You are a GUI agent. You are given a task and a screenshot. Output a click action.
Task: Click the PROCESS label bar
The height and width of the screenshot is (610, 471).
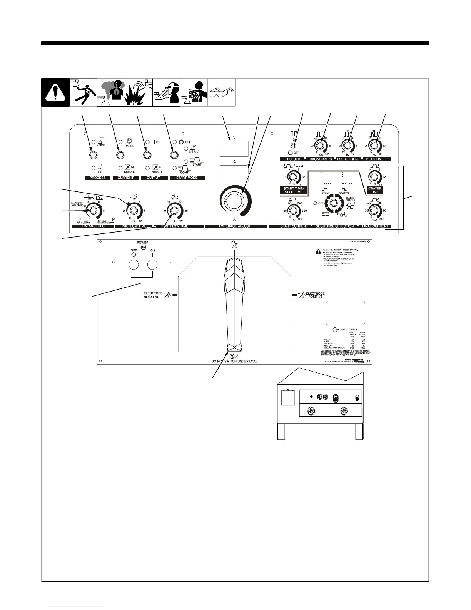97,178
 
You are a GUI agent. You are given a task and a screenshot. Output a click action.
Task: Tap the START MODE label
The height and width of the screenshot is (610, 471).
187,178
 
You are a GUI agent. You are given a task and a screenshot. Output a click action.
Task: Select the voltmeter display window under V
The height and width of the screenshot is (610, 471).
234,149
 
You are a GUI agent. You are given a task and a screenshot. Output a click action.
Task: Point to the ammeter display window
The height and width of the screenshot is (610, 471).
234,173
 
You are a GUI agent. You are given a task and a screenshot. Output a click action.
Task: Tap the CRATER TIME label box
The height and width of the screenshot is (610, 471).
374,190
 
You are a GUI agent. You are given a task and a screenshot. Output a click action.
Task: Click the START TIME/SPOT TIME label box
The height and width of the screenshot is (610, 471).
293,190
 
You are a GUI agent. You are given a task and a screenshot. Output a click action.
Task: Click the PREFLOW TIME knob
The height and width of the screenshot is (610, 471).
133,211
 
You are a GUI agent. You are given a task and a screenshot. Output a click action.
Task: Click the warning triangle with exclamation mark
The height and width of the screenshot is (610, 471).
55,92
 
